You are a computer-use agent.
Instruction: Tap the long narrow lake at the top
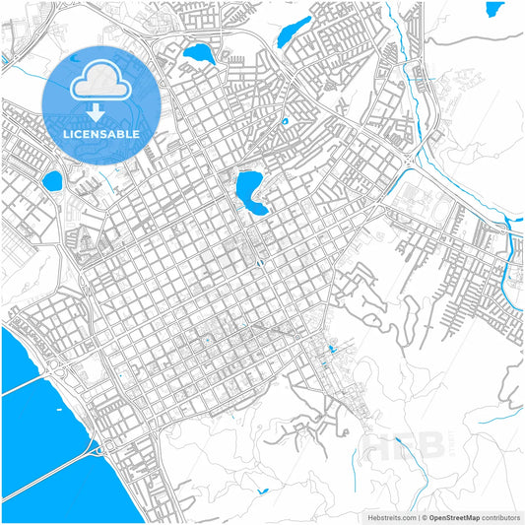(x=293, y=32)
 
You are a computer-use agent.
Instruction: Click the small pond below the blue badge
(x=51, y=180)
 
